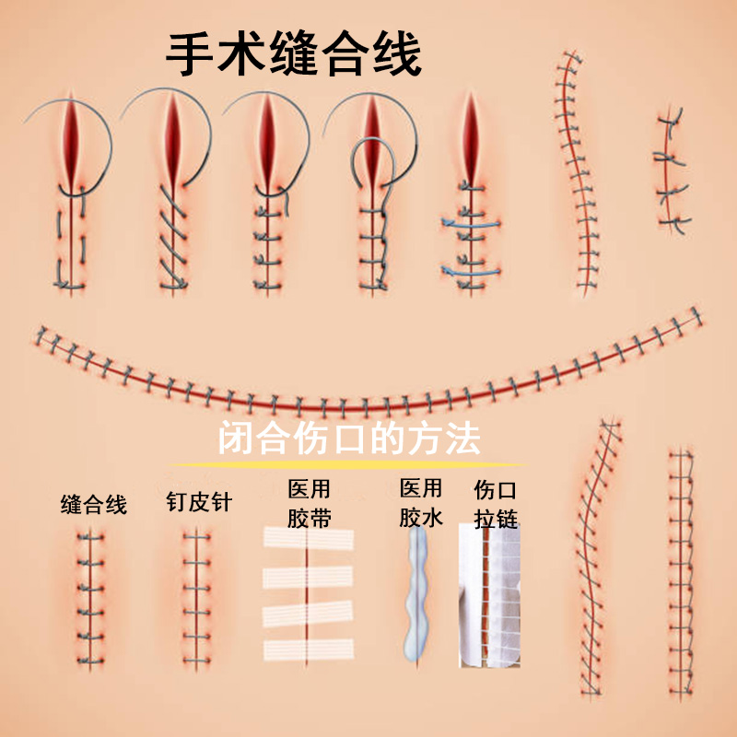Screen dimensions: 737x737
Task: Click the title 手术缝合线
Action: tap(293, 55)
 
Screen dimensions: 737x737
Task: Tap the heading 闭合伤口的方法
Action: tap(349, 439)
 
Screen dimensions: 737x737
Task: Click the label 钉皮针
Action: tap(198, 502)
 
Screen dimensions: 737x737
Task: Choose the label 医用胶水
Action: tap(421, 503)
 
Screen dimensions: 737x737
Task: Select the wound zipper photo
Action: tap(490, 594)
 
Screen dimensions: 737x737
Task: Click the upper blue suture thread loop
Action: tap(471, 224)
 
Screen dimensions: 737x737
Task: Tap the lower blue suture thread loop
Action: tap(471, 271)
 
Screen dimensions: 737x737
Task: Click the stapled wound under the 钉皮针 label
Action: tap(195, 599)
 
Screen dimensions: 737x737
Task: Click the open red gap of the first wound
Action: tap(70, 138)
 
